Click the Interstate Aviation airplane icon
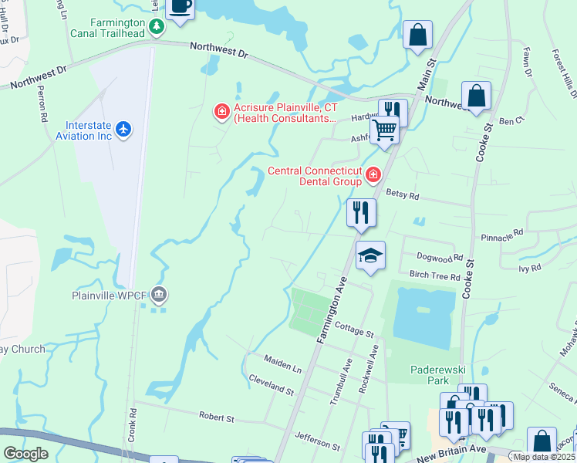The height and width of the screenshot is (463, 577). point(125,128)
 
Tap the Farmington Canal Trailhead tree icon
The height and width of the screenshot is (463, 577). point(157,28)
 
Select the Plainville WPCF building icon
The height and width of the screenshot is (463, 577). point(159,294)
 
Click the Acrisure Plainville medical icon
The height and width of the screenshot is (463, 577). point(222,113)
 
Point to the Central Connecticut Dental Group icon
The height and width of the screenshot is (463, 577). point(373,175)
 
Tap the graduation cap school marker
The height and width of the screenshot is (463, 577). point(370,255)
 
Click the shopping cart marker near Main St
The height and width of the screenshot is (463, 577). point(383,130)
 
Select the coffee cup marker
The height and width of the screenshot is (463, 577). point(180,7)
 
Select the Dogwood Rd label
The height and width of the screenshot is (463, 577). point(439,258)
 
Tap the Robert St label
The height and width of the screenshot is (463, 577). point(216,418)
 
